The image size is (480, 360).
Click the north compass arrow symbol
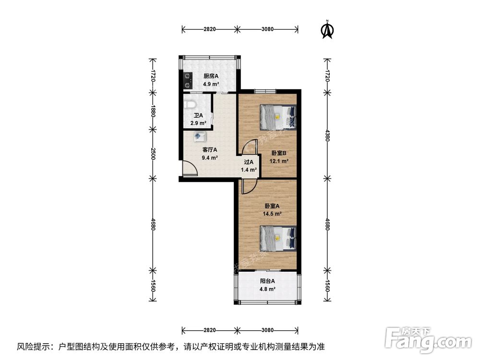tap(327, 29)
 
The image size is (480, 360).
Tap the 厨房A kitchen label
tap(211, 76)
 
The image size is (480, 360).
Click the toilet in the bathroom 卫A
tap(190, 104)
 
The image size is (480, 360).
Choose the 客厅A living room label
tap(210, 149)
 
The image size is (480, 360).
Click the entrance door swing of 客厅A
tap(190, 169)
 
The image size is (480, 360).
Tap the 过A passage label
tap(249, 162)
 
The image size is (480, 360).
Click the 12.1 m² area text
tap(279, 161)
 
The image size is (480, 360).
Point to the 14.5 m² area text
tap(272, 214)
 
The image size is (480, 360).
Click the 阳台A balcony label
tap(267, 281)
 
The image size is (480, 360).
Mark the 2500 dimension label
tap(153, 154)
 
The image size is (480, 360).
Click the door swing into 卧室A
tap(248, 186)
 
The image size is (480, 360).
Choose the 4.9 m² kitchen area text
tap(211, 84)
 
